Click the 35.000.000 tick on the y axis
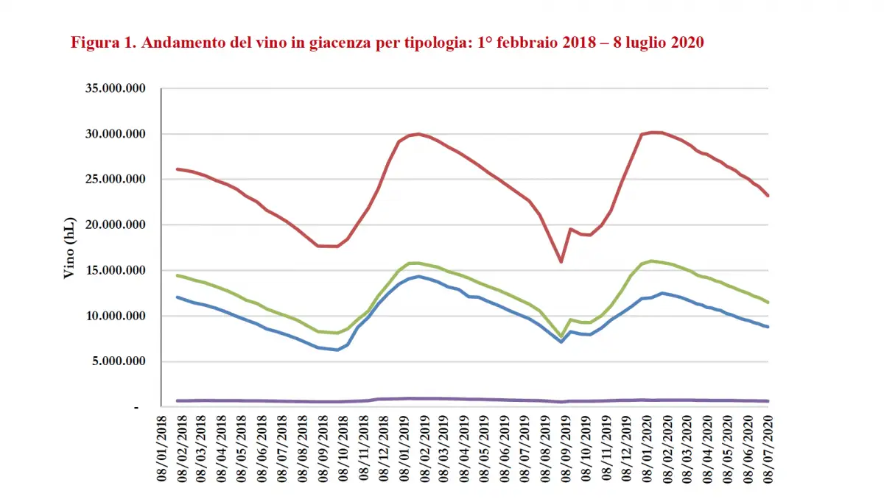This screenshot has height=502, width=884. click(x=116, y=88)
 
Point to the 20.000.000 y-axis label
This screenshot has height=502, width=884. click(x=116, y=225)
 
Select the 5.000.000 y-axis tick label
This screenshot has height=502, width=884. click(x=119, y=361)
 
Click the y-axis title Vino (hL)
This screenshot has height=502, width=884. click(x=70, y=248)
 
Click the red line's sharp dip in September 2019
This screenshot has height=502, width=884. click(x=561, y=261)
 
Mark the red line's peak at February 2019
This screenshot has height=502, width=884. click(x=419, y=134)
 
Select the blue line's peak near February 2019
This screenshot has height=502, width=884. click(x=419, y=276)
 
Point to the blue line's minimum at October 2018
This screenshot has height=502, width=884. click(x=337, y=350)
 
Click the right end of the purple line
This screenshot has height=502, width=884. click(x=768, y=401)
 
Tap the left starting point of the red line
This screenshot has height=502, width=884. click(x=177, y=169)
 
